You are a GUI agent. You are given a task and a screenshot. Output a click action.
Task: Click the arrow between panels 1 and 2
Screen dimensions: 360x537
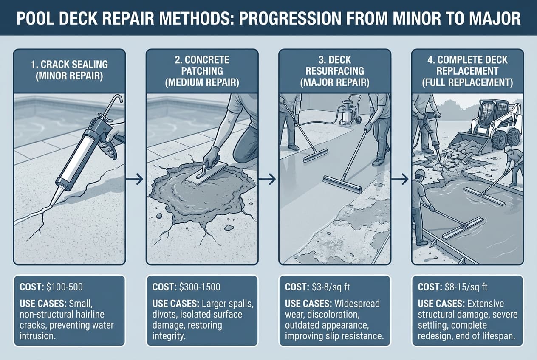click(x=136, y=181)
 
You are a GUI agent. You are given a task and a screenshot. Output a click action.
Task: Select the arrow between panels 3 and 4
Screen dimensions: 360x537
click(x=400, y=181)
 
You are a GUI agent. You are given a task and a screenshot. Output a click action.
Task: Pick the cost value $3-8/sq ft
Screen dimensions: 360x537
click(x=330, y=287)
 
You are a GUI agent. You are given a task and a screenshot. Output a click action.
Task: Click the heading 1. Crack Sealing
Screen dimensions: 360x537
click(x=70, y=65)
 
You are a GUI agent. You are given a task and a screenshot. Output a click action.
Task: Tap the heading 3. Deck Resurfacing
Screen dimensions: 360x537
click(x=335, y=70)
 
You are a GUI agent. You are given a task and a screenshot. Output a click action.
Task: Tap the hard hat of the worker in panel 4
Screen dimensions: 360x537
click(x=420, y=173)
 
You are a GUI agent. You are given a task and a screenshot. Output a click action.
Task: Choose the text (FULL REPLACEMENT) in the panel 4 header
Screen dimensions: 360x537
click(x=467, y=82)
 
